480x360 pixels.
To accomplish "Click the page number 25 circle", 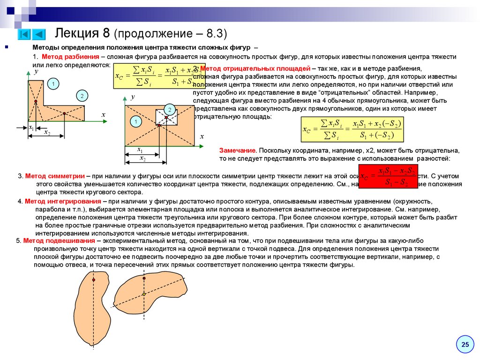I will (x=465, y=345).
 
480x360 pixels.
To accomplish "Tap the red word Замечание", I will (x=237, y=151).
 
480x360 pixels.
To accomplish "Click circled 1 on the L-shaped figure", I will (x=53, y=84).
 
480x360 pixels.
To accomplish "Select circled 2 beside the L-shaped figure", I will (x=82, y=96).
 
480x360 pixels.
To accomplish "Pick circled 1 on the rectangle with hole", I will (x=135, y=122).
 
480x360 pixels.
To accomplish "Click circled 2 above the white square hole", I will (x=170, y=110).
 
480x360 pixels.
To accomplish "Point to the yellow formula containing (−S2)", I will (x=352, y=130).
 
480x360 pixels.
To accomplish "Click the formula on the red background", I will (x=388, y=177).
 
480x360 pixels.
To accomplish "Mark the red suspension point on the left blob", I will (x=94, y=280).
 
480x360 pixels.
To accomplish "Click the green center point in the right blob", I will (x=144, y=294).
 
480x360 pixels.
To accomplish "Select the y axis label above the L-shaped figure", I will (x=36, y=71).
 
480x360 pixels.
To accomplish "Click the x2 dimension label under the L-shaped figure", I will (x=47, y=133).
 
